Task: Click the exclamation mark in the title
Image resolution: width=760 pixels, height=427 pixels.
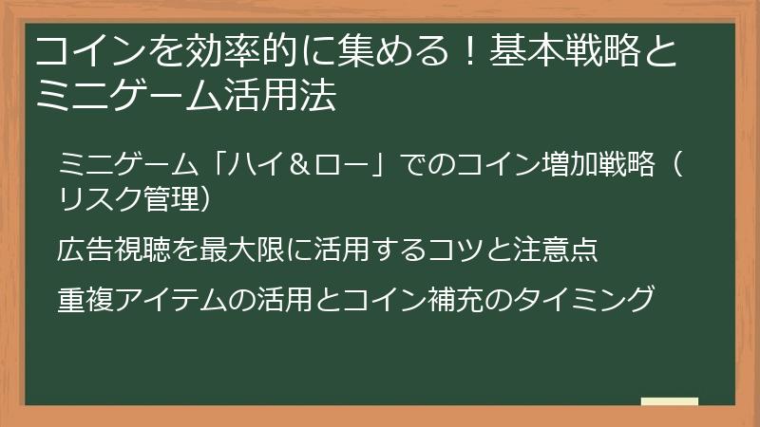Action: point(469,54)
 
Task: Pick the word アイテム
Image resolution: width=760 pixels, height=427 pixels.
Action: point(173,300)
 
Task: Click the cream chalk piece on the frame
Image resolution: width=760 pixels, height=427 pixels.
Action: point(670,401)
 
